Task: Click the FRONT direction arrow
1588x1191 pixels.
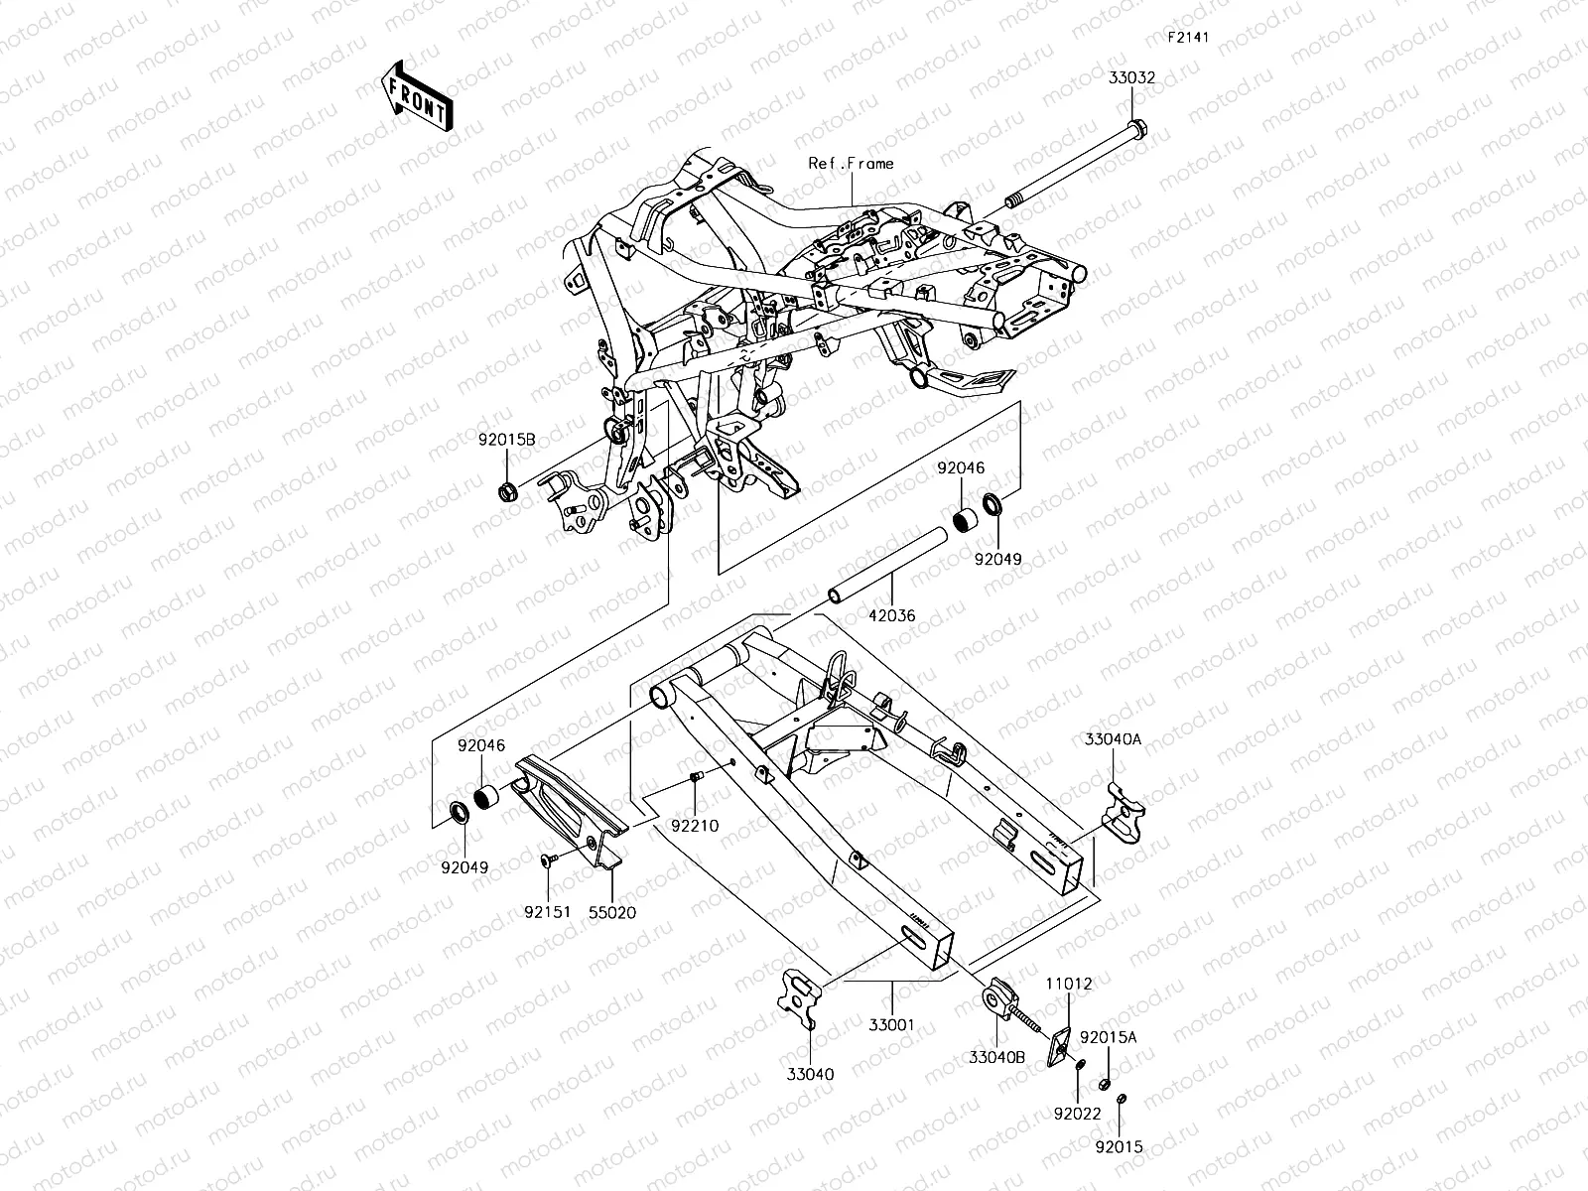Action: coord(416,96)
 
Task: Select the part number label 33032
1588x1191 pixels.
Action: coord(1132,77)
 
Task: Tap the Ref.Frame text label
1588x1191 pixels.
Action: coord(851,164)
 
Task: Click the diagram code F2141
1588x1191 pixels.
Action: coord(1186,38)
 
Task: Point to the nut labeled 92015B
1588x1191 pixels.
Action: coord(506,490)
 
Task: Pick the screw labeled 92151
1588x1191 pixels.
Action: coord(547,860)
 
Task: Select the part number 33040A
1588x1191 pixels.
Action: coord(1113,739)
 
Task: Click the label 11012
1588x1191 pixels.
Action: coord(1068,985)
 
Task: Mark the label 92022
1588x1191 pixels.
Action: coord(1077,1115)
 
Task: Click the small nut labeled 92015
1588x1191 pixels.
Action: coord(1120,1146)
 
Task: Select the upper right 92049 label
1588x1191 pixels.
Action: coord(997,560)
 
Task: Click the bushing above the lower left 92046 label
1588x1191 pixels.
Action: coord(487,798)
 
